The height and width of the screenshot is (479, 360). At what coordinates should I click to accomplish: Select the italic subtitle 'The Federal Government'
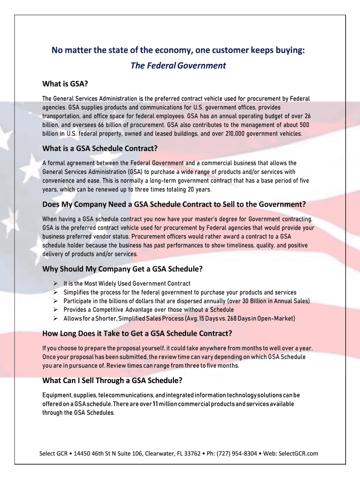(178, 65)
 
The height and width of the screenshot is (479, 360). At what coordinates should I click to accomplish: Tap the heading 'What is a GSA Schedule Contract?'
(100, 148)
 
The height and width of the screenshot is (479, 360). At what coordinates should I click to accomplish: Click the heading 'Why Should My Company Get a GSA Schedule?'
(122, 269)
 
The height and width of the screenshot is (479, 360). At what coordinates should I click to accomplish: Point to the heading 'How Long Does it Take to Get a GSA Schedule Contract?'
(137, 334)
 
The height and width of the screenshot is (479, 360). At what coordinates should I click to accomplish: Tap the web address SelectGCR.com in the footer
(301, 453)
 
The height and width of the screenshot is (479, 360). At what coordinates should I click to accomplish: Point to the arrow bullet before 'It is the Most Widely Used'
(55, 283)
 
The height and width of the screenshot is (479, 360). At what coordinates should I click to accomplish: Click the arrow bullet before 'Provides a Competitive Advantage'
(55, 310)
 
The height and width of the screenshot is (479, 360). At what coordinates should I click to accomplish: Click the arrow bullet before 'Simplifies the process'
(55, 292)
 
